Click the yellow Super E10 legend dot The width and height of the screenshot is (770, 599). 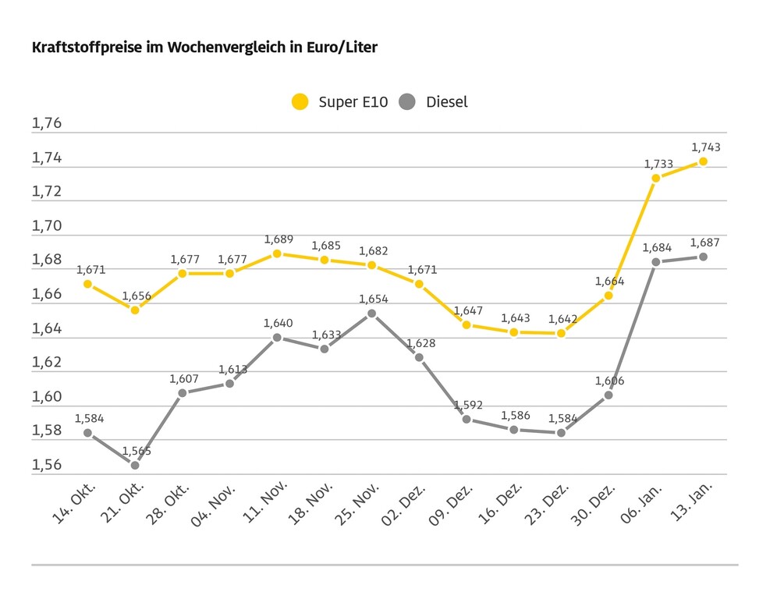[x=300, y=101]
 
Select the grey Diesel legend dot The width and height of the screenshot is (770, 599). [x=407, y=101]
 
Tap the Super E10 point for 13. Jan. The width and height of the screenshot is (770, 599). [x=703, y=161]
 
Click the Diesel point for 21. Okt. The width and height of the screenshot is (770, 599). [x=135, y=465]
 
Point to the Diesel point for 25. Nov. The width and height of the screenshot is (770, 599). [x=372, y=314]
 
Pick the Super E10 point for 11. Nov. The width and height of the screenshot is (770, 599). [x=277, y=253]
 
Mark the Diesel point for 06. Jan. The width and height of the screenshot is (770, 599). [x=656, y=261]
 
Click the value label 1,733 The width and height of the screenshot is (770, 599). [x=658, y=164]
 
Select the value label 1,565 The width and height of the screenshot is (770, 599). [x=137, y=451]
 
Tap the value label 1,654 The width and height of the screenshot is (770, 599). [x=373, y=299]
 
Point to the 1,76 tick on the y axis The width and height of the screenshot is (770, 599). [x=46, y=124]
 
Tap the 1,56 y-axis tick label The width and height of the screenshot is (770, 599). [x=46, y=465]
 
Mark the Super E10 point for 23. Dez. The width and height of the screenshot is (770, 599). [x=561, y=333]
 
